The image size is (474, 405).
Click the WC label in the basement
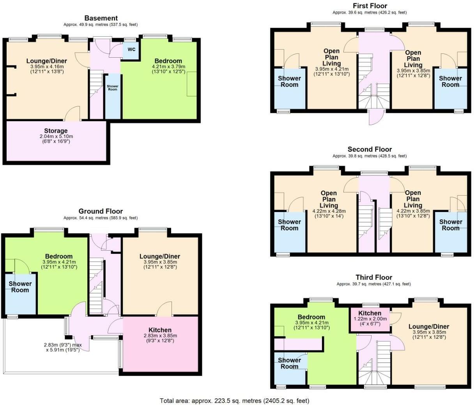pyautogui.click(x=131, y=50)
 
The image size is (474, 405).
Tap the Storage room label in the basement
pyautogui.click(x=56, y=131)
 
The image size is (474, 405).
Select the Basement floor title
pyautogui.click(x=101, y=18)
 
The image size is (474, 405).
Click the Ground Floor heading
pyautogui.click(x=101, y=211)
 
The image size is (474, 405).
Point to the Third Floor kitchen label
pyautogui.click(x=370, y=313)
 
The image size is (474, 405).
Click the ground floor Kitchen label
pyautogui.click(x=160, y=330)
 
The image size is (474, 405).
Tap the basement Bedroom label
pyautogui.click(x=168, y=61)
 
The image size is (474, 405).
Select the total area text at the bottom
pyautogui.click(x=234, y=400)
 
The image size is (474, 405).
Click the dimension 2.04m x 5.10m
pyautogui.click(x=56, y=136)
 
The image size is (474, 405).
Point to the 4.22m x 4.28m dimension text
pyautogui.click(x=329, y=211)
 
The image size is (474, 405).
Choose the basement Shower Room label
pyautogui.click(x=113, y=88)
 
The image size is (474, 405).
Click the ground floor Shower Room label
pyautogui.click(x=20, y=287)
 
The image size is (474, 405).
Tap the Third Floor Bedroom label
pyautogui.click(x=311, y=317)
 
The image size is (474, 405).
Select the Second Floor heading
pyautogui.click(x=370, y=149)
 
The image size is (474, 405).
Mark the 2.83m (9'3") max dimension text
pyautogui.click(x=63, y=345)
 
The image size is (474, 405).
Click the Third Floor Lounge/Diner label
pyautogui.click(x=428, y=326)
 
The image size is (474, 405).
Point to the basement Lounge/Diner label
pyautogui.click(x=46, y=61)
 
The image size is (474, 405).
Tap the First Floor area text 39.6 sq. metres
pyautogui.click(x=369, y=12)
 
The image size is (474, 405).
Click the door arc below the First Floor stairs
pyautogui.click(x=376, y=117)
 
